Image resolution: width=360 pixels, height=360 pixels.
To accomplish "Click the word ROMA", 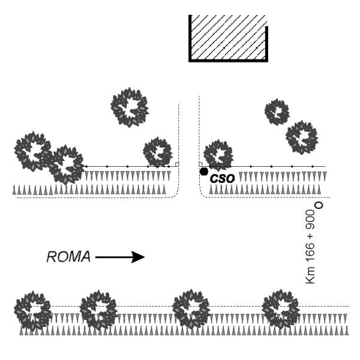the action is coord(68,257).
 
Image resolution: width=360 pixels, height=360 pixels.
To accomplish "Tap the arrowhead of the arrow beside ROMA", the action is coord(138,257).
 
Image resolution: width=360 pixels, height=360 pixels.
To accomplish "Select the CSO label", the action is coord(222,179).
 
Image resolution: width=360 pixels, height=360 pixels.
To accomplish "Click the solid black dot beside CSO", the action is coord(204,172).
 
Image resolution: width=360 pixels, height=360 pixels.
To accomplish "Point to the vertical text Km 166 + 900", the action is coord(310,247).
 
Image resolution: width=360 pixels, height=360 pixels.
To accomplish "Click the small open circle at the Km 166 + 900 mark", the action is coord(319,205).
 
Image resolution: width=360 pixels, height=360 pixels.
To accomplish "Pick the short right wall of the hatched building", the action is coord(266,43).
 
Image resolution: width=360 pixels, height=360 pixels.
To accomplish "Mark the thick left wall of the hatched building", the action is coord(190,38).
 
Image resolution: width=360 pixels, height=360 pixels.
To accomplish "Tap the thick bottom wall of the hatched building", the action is coord(228,61).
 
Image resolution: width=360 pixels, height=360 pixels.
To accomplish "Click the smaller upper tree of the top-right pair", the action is coord(277,112).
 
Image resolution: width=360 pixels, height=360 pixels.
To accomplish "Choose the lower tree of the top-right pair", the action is coord(302,137).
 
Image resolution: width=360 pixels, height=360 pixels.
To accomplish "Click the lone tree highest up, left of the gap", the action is coord(130,107).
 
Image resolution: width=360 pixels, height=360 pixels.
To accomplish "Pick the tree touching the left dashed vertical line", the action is coord(158,152).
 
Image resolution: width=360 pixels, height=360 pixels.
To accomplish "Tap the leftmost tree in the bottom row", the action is coord(33,310).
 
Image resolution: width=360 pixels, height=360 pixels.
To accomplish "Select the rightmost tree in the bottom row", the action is coord(281,309).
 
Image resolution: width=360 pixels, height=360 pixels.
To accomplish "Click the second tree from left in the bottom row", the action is coord(98,310).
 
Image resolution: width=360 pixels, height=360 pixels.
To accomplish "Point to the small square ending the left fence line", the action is coord(177,164).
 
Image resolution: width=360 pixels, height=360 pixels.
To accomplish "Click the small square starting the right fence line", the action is coord(200,164).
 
